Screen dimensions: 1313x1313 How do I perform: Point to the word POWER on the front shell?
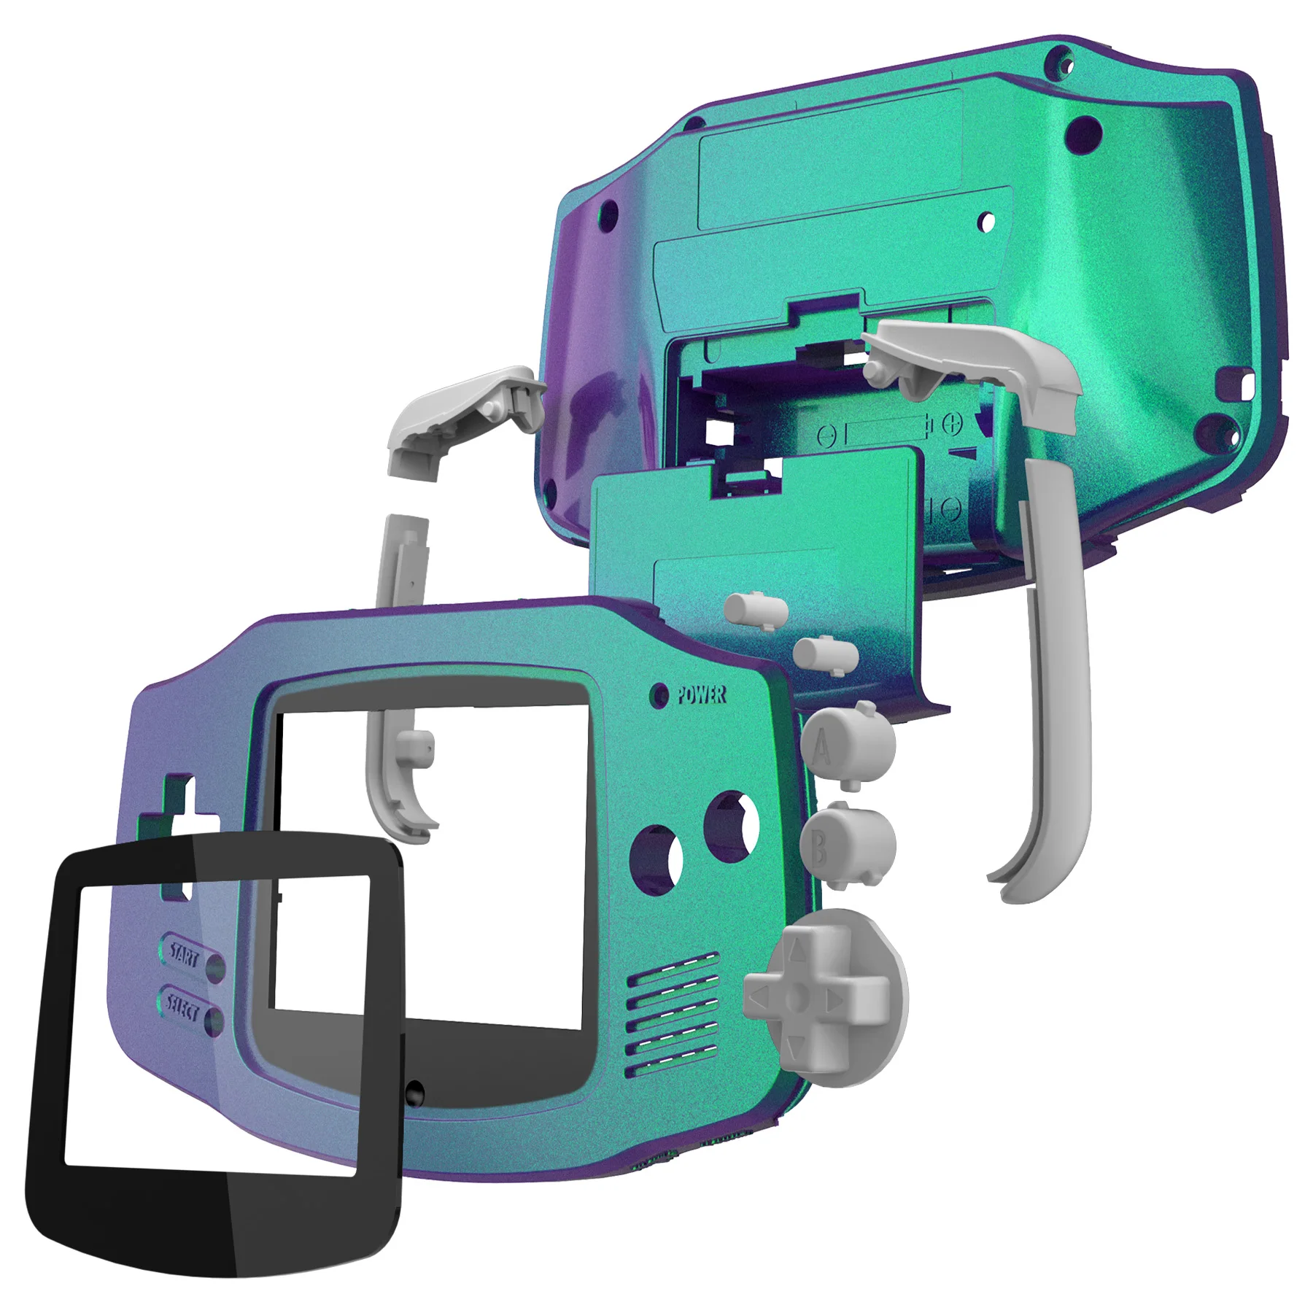[x=701, y=694]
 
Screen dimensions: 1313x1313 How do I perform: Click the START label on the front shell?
[x=184, y=955]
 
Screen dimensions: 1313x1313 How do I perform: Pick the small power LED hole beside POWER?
[x=659, y=695]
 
